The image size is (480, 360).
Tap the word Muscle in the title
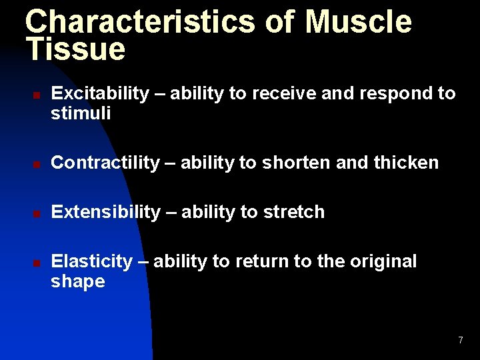coord(359,21)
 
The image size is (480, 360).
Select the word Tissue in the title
coord(75,49)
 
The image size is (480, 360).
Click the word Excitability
coord(100,94)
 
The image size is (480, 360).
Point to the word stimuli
coord(81,114)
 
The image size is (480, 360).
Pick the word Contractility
coord(105,163)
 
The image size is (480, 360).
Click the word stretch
coord(293,212)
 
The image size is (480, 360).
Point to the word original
coord(384,261)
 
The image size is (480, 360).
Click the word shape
coord(78,281)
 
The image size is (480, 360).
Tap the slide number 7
coord(460,341)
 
